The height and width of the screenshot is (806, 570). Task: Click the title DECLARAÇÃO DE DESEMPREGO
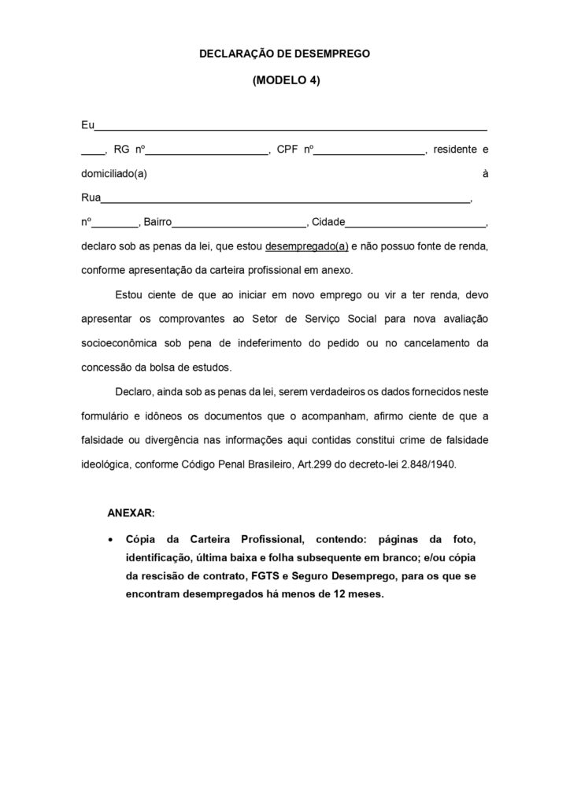point(284,54)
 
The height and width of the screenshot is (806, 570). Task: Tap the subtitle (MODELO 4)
point(286,79)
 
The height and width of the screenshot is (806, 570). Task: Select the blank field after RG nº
point(207,150)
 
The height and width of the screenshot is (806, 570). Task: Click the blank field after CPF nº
point(370,150)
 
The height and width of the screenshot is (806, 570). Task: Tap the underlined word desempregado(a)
point(307,246)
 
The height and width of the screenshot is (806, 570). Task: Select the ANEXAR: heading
point(131,512)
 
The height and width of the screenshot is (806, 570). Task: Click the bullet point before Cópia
point(109,541)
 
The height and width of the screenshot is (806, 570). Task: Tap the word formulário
point(106,416)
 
